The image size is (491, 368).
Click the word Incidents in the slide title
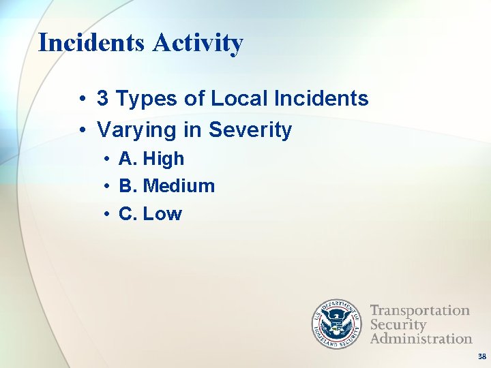91,43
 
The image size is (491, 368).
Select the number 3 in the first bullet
102,99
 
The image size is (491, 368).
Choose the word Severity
250,129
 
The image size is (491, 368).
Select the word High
164,159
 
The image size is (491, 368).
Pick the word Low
162,214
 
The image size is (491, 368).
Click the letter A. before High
128,159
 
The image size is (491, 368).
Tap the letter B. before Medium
128,186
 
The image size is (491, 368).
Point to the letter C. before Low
128,214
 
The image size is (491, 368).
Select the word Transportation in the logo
419,311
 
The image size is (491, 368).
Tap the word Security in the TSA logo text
398,324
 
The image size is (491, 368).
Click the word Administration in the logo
421,338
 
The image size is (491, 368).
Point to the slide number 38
482,356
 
